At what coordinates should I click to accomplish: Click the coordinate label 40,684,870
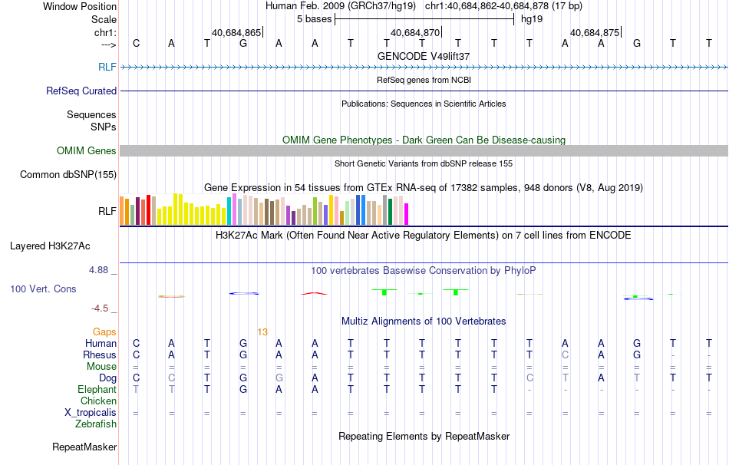415,33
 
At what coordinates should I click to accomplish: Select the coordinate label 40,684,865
236,33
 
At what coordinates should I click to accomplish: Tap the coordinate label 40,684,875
594,33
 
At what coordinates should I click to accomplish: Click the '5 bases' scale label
314,19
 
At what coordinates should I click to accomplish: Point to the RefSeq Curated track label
81,91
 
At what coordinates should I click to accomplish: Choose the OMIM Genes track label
87,151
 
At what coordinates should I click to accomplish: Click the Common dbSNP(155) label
68,175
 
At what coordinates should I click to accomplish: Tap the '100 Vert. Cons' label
45,289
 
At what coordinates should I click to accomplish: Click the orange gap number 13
262,331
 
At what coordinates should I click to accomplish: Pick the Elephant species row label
97,390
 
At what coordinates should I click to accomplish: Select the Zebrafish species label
96,424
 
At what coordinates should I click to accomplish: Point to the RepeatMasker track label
84,447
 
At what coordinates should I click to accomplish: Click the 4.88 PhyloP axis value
100,270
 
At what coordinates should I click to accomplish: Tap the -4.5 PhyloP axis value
101,308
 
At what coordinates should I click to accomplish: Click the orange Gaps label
104,331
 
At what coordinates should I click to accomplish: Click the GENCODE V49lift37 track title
424,56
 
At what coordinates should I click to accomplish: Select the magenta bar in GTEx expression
406,214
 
